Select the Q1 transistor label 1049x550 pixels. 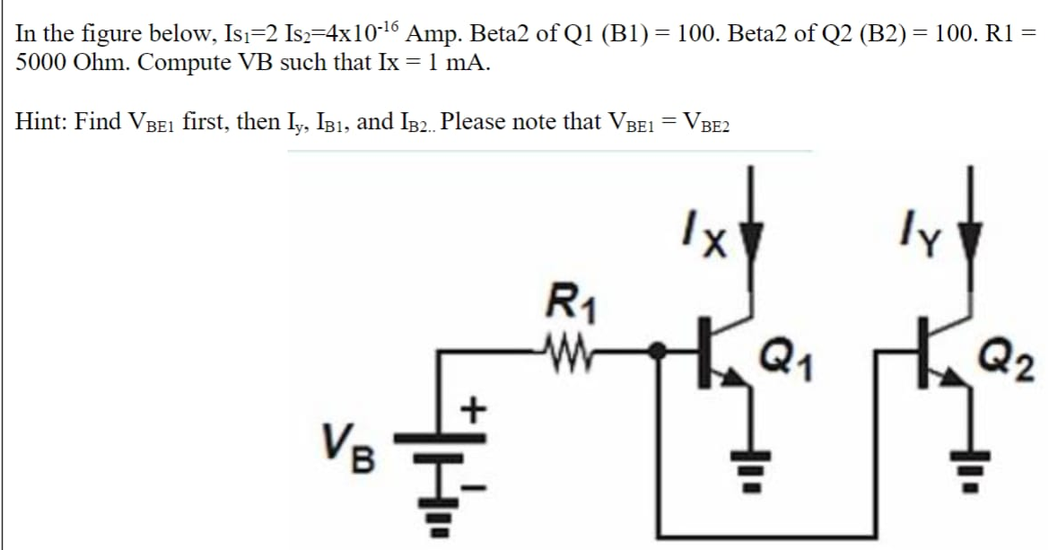[x=782, y=357]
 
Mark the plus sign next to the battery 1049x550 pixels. [x=473, y=410]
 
